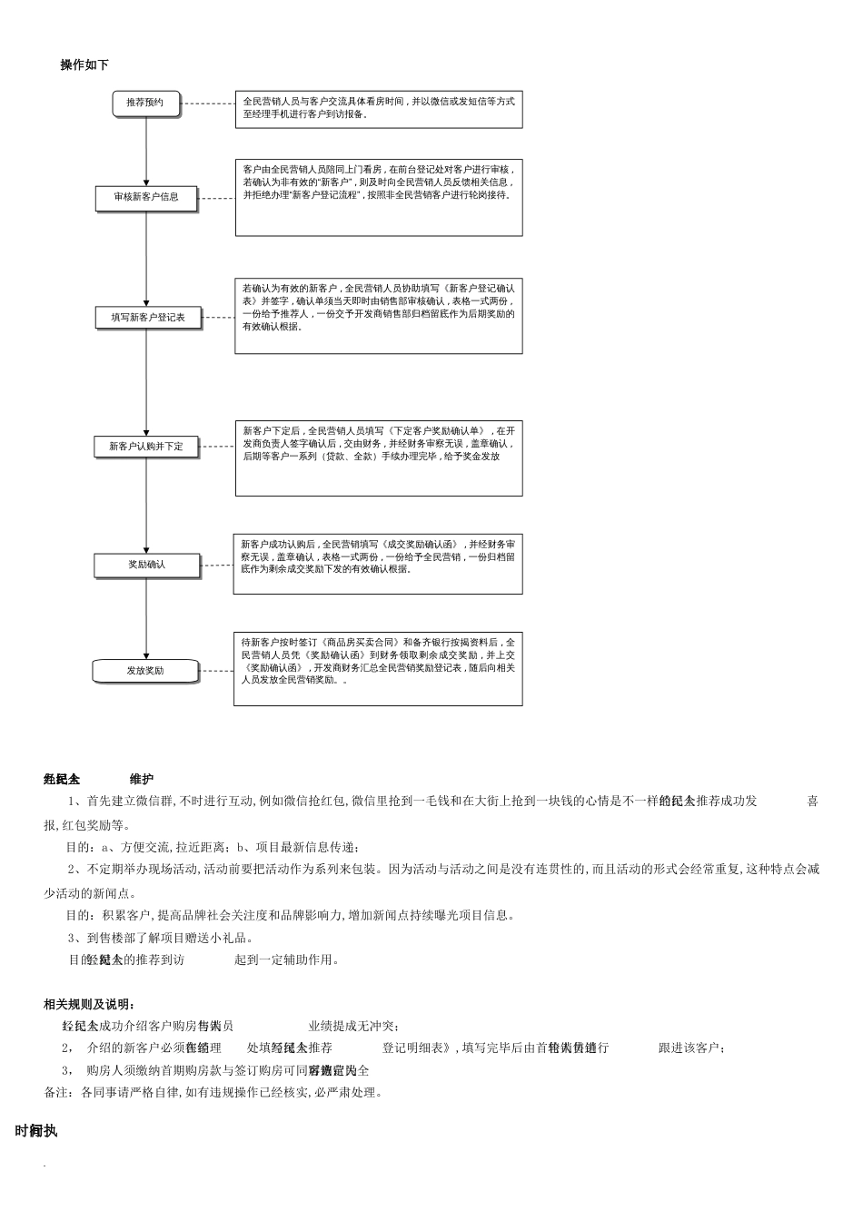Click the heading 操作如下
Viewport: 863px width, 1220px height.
[x=84, y=65]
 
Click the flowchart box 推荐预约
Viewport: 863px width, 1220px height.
[x=145, y=103]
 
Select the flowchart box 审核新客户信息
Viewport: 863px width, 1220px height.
[x=146, y=198]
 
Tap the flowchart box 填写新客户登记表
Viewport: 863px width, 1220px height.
[x=147, y=318]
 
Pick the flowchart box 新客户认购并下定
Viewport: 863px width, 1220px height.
[x=146, y=447]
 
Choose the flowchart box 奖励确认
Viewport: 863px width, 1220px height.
[x=146, y=565]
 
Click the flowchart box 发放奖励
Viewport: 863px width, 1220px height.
[x=145, y=671]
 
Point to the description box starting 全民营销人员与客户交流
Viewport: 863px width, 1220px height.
[x=378, y=108]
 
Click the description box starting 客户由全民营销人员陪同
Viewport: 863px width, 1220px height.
[x=378, y=197]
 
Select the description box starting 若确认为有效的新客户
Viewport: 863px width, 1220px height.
[x=378, y=315]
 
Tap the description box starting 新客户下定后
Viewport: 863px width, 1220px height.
[x=378, y=457]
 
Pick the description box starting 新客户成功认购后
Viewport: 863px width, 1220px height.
[x=378, y=564]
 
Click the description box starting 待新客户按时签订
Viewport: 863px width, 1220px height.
[x=378, y=668]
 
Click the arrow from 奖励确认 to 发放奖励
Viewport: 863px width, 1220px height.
[x=146, y=617]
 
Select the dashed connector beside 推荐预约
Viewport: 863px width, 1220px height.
[x=208, y=103]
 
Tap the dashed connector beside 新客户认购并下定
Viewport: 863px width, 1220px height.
[x=216, y=447]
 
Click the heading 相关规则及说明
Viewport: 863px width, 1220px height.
[x=90, y=1004]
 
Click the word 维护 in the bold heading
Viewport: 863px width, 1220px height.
[x=141, y=779]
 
